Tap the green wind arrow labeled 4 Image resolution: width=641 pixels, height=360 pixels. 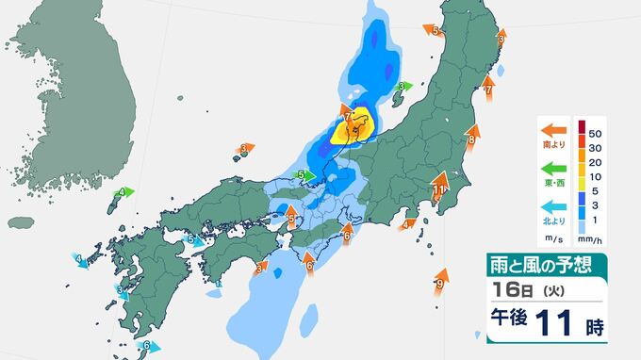coord(123,192)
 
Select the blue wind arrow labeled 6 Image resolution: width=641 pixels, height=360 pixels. coord(144,346)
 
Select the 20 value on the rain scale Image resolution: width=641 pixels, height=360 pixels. coord(598,161)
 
